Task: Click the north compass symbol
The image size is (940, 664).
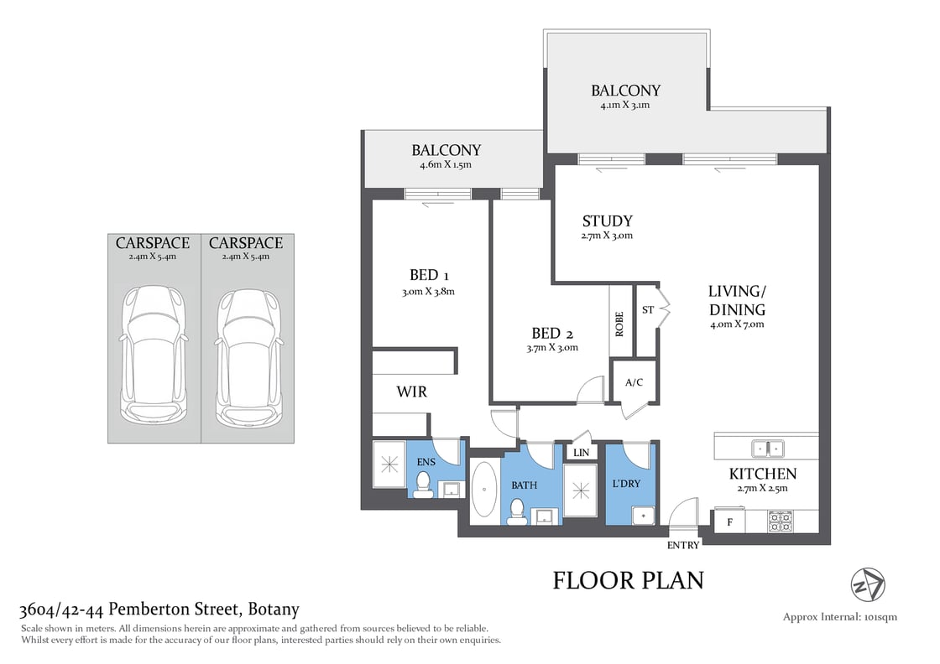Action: (868, 584)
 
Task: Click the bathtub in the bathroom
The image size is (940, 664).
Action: (484, 492)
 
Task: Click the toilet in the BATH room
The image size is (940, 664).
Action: (518, 510)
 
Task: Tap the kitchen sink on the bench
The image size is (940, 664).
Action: (767, 447)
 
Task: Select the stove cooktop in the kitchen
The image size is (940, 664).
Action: (780, 521)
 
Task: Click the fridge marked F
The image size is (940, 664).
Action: (729, 521)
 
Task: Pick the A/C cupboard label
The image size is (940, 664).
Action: (634, 381)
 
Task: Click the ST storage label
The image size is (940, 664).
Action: (647, 310)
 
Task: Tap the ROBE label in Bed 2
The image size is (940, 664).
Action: (619, 324)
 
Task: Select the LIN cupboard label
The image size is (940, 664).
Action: (581, 453)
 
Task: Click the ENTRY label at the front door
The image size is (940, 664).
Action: (683, 545)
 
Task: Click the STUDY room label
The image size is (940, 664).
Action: (607, 221)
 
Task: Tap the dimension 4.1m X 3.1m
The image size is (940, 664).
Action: (625, 106)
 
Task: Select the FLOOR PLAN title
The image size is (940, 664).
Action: (628, 580)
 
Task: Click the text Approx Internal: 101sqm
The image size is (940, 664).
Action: (840, 617)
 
